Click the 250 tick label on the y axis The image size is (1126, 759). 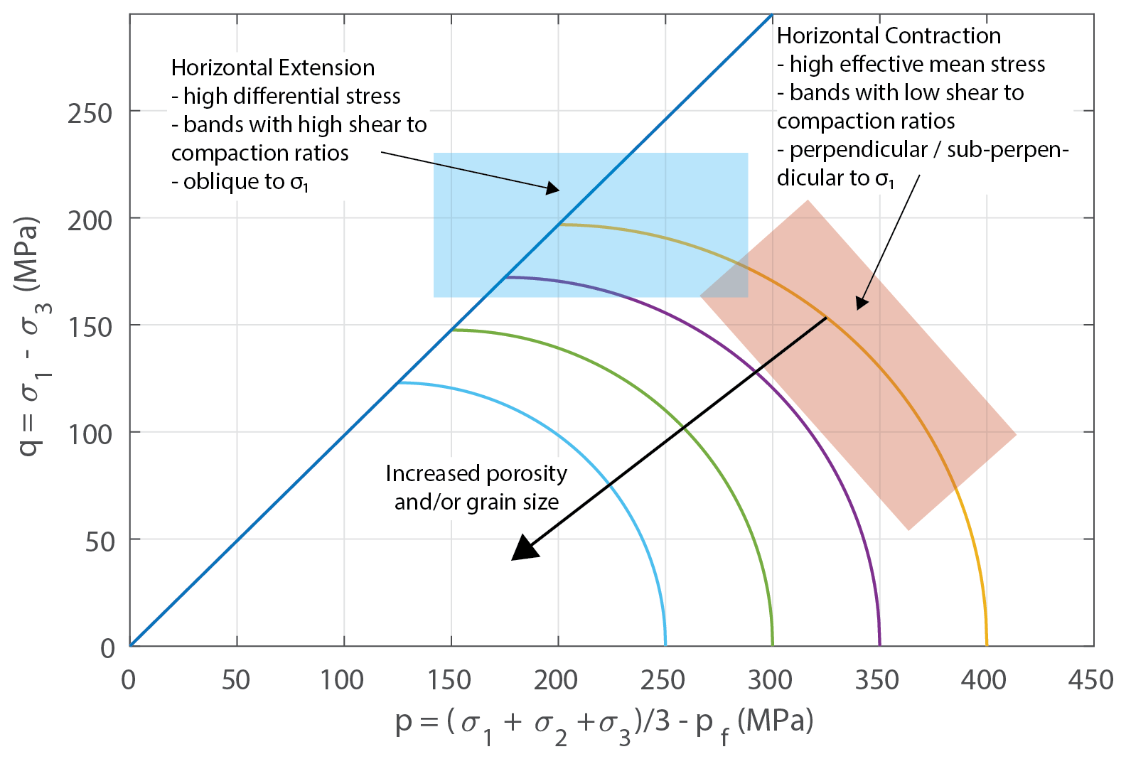(x=90, y=113)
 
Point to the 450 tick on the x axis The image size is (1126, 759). (x=1090, y=680)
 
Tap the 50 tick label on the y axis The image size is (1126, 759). (x=99, y=542)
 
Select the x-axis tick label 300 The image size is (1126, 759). (x=770, y=680)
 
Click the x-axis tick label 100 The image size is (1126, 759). (x=342, y=680)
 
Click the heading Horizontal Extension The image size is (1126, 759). (x=272, y=68)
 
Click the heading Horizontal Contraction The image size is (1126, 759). (x=888, y=36)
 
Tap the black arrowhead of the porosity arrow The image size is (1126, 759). (x=524, y=549)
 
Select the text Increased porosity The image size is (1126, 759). (x=476, y=473)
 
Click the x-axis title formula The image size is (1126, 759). (x=604, y=723)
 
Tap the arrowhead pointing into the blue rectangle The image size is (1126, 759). (x=553, y=189)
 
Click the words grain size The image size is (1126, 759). (x=513, y=502)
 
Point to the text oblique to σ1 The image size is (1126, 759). (x=240, y=182)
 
